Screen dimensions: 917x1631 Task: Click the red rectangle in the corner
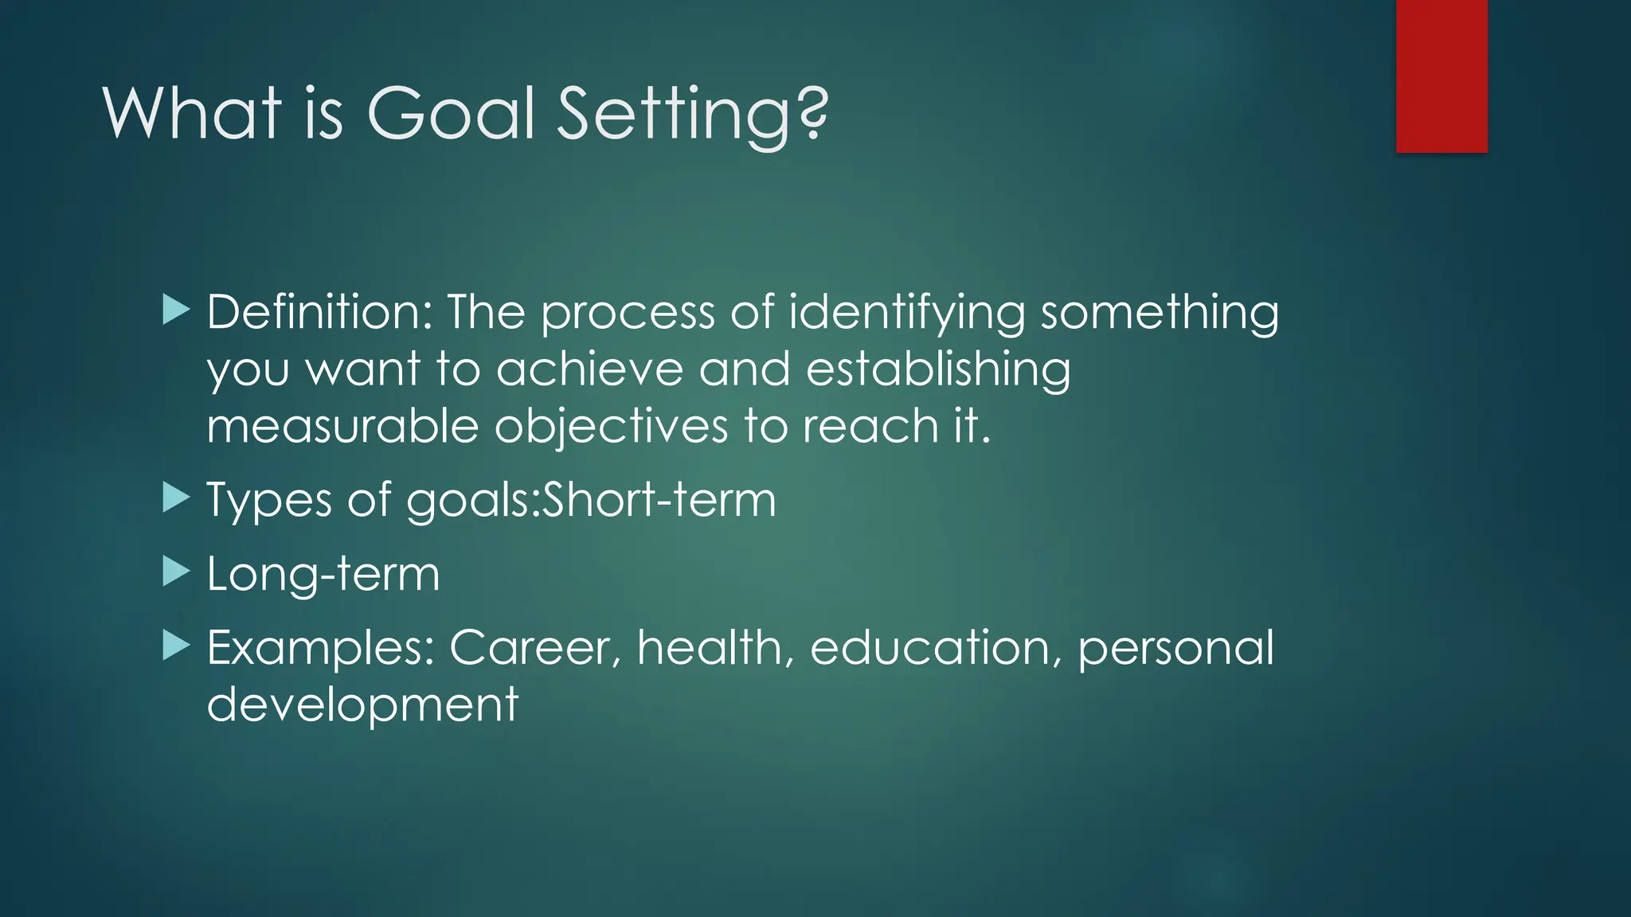pos(1441,76)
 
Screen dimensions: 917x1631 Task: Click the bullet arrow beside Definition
pos(175,310)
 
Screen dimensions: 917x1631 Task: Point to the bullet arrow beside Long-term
pos(175,572)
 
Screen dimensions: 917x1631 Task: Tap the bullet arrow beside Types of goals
pos(175,498)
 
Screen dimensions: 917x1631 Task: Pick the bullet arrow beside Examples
pos(175,646)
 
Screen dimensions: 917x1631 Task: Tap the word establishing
pos(938,371)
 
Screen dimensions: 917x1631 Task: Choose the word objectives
pos(611,427)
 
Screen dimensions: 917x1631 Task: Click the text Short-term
pos(659,500)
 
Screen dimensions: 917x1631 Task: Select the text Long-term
pos(323,574)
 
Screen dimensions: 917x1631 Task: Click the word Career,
pos(535,648)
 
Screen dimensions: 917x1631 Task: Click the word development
pos(362,705)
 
